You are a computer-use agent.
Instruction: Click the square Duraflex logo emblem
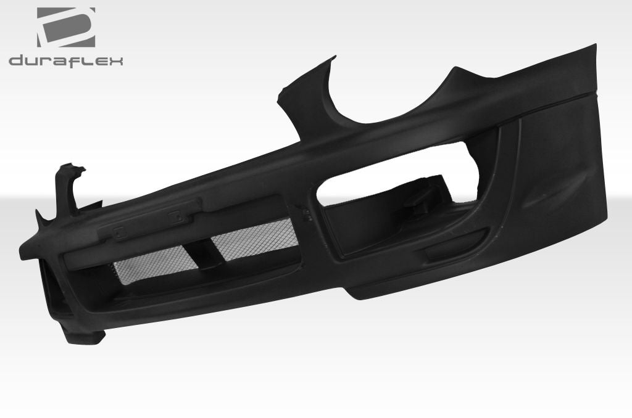(x=66, y=27)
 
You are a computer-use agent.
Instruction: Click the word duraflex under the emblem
(x=66, y=60)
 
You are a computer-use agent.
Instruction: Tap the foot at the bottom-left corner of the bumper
(x=93, y=338)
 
